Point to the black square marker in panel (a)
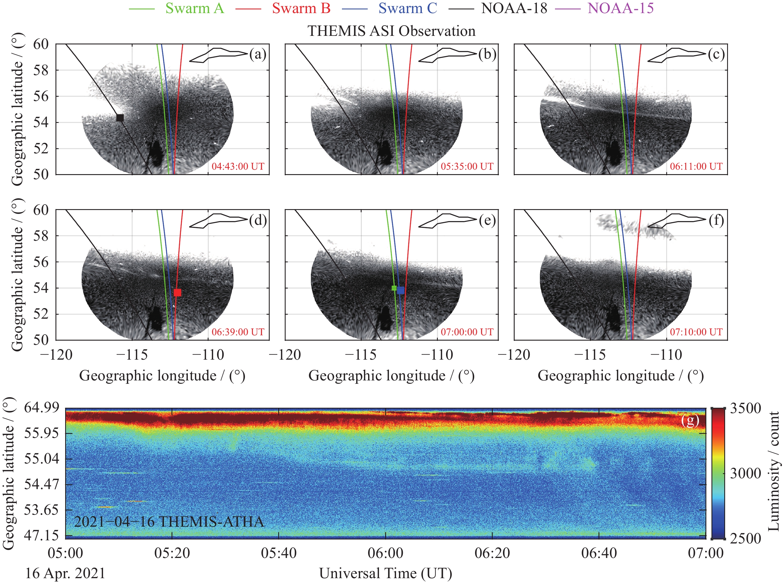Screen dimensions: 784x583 pyautogui.click(x=120, y=118)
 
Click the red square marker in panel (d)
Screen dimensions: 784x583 pyautogui.click(x=178, y=292)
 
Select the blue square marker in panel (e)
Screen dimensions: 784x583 pyautogui.click(x=401, y=291)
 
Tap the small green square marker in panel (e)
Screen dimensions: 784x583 pyautogui.click(x=394, y=288)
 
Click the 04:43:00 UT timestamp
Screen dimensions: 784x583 pyautogui.click(x=238, y=166)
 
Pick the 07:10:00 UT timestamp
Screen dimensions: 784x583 pyautogui.click(x=696, y=332)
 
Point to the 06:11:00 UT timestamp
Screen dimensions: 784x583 pyautogui.click(x=696, y=166)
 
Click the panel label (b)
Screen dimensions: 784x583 pyautogui.click(x=487, y=54)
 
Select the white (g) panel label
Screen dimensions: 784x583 pyautogui.click(x=690, y=420)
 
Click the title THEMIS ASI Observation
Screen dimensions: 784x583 pyautogui.click(x=391, y=31)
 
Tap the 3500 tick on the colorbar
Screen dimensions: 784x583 pyautogui.click(x=745, y=408)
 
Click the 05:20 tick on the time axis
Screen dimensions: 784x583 pyautogui.click(x=172, y=553)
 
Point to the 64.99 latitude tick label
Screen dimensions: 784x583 pyautogui.click(x=41, y=407)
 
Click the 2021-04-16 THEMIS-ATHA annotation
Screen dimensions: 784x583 pyautogui.click(x=169, y=522)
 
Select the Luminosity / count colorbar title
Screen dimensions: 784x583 pyautogui.click(x=773, y=471)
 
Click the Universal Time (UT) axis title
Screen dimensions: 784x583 pyautogui.click(x=386, y=574)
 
